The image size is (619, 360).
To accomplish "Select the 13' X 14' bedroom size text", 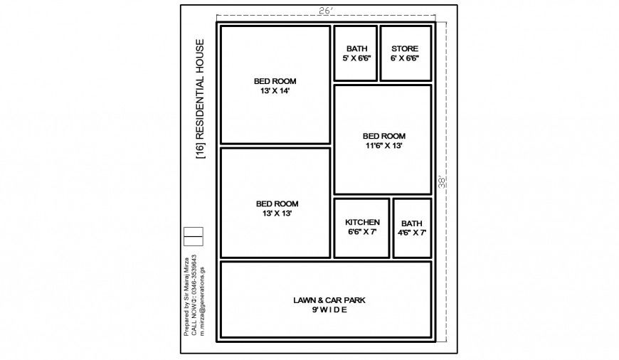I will pos(275,91).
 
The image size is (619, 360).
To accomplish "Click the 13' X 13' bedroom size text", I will pos(277,213).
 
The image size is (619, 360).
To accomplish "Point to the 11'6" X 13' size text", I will pos(383,146).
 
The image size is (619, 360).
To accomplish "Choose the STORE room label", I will pos(405,49).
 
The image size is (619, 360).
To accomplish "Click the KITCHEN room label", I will pos(362,222).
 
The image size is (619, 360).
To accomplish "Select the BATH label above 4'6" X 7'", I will pos(411,223).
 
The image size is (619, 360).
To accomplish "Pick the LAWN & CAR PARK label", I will pos(329,300).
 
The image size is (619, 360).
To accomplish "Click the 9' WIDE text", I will pos(329,310).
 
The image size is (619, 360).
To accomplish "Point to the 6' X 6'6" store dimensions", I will pos(405,58).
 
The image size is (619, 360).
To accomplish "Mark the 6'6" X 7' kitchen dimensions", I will pos(362,232).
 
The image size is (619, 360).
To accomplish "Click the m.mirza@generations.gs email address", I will pos(202,301).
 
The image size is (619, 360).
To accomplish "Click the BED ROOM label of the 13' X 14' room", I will pos(275,81).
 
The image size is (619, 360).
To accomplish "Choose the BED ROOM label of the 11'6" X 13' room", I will pos(383,136).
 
